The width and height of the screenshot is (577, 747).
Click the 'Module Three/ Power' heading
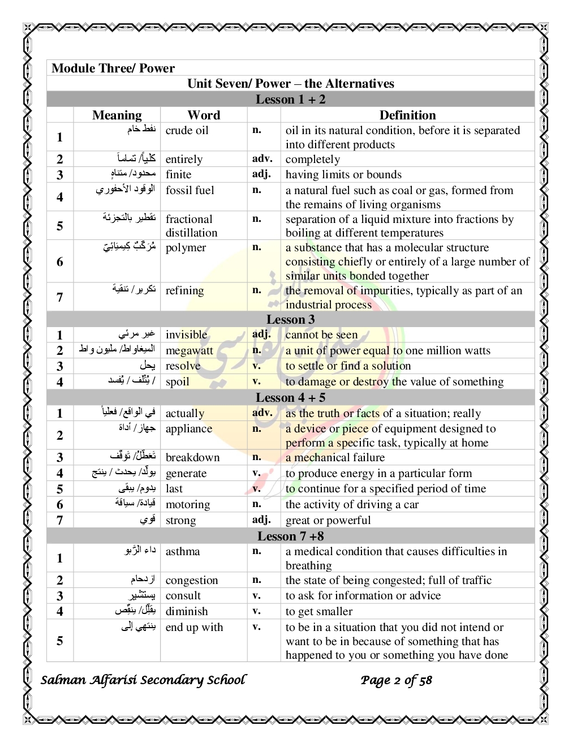coord(113,68)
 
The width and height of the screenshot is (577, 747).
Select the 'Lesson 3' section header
coord(290,320)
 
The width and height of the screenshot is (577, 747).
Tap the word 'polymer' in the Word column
coord(186,248)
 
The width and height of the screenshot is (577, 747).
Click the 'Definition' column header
coord(407,115)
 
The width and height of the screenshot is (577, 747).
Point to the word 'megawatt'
coord(189,351)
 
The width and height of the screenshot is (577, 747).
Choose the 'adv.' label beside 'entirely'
coord(262,159)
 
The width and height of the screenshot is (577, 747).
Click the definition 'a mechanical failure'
coord(335,458)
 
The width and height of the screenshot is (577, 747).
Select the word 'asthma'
coord(182,552)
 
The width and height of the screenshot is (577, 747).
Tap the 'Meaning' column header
coord(117,115)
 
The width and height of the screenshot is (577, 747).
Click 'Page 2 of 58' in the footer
coord(396,680)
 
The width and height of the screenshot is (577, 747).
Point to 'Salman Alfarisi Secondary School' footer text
coord(143,680)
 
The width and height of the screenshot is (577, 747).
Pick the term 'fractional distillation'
coord(191,226)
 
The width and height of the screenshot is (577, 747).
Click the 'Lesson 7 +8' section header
coord(290,536)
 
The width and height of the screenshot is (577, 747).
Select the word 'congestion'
coord(191,581)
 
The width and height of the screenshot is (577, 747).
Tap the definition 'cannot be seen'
coord(321,335)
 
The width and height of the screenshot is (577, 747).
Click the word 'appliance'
coord(188,429)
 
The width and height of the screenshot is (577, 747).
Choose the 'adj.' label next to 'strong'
coord(261,520)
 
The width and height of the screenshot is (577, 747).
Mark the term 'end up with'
coord(194,628)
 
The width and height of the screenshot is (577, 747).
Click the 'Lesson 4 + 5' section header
coord(290,398)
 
